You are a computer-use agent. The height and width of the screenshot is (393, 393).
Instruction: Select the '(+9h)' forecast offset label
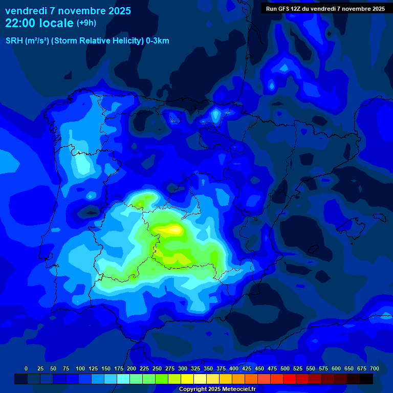click(x=86, y=23)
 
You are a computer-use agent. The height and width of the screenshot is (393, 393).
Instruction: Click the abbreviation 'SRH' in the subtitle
click(x=14, y=41)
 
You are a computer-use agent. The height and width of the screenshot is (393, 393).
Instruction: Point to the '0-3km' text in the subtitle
click(x=158, y=41)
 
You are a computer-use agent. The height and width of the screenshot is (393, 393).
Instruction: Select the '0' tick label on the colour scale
click(x=26, y=368)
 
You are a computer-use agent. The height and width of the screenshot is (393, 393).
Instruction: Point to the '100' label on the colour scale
click(x=80, y=368)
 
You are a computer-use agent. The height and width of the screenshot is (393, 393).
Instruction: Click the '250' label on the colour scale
click(x=157, y=368)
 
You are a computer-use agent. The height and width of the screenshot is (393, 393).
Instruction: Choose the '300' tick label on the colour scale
click(x=183, y=368)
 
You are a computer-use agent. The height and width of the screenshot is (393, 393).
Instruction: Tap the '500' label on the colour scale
click(x=285, y=368)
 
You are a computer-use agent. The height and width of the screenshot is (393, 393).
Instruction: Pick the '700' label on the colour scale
click(x=375, y=368)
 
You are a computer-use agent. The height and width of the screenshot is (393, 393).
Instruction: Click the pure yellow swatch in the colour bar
click(x=187, y=379)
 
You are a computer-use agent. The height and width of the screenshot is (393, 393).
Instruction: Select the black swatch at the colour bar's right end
click(x=366, y=379)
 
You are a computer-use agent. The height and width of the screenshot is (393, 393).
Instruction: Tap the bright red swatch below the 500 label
click(x=290, y=379)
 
